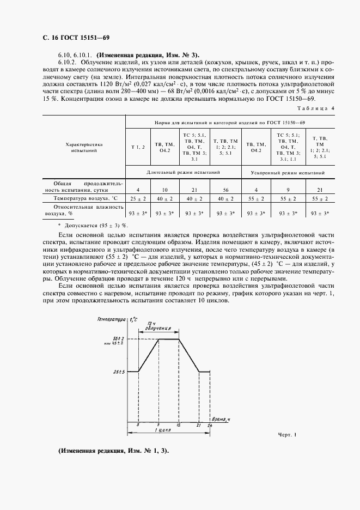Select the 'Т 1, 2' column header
[138, 148]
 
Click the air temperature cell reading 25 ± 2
[138, 199]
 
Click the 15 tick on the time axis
[179, 424]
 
